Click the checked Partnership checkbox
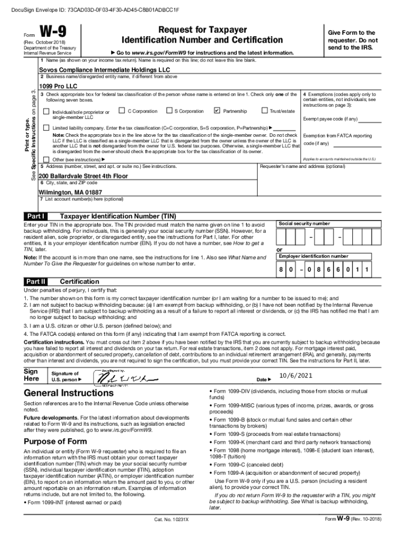coord(218,111)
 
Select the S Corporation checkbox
coord(169,111)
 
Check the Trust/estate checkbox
coord(265,111)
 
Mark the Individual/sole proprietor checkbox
coord(46,112)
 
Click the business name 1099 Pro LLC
coord(58,85)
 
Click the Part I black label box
coord(36,216)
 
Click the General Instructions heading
coord(68,393)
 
